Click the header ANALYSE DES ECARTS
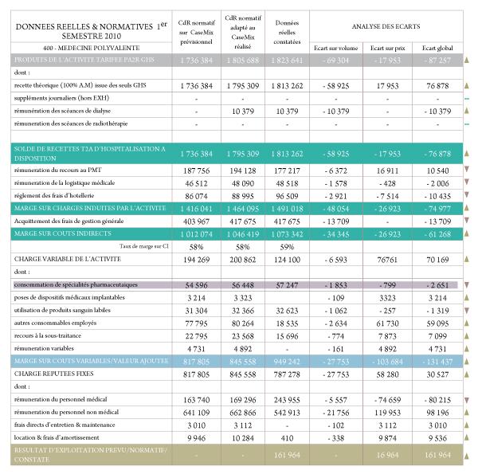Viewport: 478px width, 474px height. point(381,27)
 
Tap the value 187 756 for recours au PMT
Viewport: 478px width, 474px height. point(195,170)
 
